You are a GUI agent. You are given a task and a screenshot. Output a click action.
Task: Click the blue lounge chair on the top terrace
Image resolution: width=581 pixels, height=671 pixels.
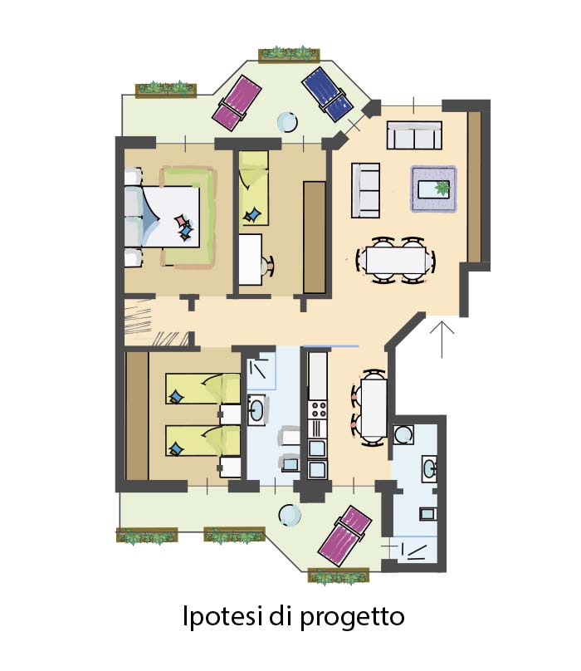[328, 94]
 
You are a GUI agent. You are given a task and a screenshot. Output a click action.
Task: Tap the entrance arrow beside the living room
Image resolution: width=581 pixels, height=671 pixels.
[442, 340]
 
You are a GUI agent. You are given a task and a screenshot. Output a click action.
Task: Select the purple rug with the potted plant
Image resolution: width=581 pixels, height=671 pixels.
[434, 189]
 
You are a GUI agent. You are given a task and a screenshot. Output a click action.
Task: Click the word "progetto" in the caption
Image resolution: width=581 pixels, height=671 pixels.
[352, 618]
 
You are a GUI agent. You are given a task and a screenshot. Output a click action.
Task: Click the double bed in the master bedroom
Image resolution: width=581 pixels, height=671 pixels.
[163, 217]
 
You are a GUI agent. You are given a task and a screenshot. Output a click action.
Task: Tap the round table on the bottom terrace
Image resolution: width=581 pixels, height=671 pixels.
[290, 516]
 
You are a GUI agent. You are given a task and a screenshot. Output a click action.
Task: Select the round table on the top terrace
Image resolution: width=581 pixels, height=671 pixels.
[287, 122]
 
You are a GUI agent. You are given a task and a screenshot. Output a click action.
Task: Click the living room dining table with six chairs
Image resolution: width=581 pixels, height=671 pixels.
[396, 260]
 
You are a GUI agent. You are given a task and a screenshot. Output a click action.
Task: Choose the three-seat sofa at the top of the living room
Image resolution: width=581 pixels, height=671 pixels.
[414, 135]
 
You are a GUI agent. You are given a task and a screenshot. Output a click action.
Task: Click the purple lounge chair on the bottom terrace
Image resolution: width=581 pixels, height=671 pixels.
[344, 536]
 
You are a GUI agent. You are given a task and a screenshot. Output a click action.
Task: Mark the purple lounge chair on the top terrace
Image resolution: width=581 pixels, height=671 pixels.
[237, 103]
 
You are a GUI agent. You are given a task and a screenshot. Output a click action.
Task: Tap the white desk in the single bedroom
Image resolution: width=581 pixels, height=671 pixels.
[251, 259]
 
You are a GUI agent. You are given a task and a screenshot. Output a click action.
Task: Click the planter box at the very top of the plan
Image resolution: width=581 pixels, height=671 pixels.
[289, 54]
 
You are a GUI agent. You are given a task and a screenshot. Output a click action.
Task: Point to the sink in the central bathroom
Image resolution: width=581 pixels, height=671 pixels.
[256, 410]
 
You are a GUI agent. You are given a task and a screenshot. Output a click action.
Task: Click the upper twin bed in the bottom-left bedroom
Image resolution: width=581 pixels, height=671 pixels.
[203, 389]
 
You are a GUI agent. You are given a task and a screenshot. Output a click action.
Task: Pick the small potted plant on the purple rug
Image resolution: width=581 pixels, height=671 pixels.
[442, 188]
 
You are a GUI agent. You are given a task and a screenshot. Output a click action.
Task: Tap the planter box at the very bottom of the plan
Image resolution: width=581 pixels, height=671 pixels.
[339, 576]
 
